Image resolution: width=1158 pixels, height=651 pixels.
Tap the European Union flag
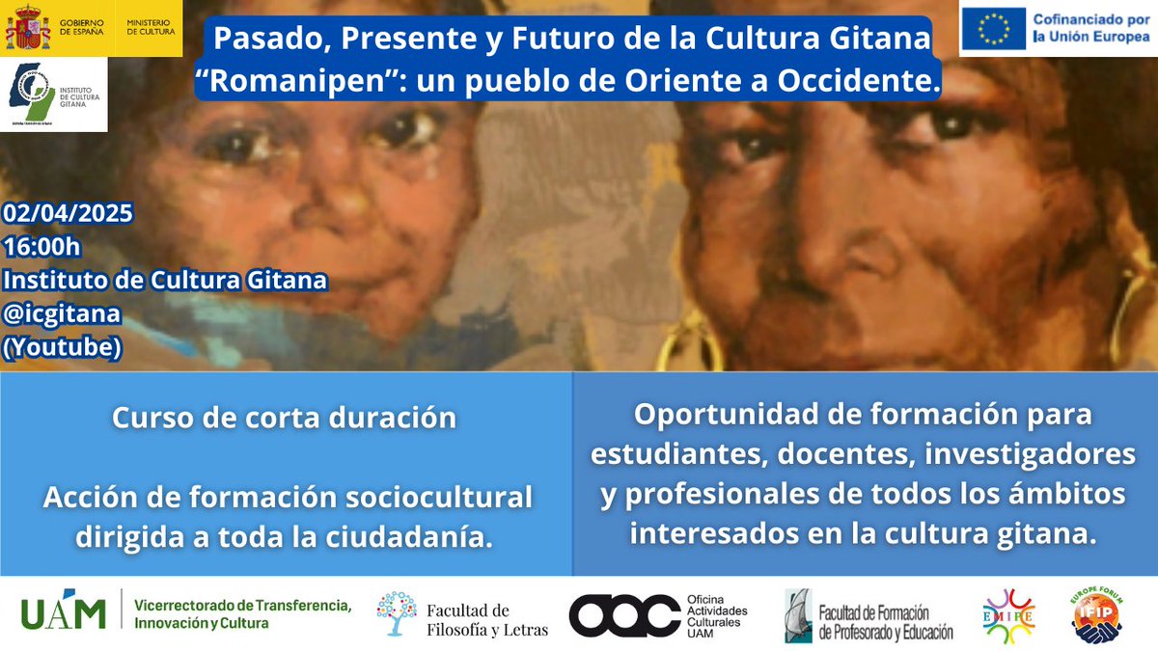(x=992, y=30)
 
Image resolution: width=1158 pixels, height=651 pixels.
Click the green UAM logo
(x=64, y=610)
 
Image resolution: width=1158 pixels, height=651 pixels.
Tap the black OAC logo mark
(x=623, y=615)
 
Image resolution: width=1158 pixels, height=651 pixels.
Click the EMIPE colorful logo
(x=1007, y=615)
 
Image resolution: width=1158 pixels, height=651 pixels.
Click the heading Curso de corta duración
(x=284, y=419)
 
